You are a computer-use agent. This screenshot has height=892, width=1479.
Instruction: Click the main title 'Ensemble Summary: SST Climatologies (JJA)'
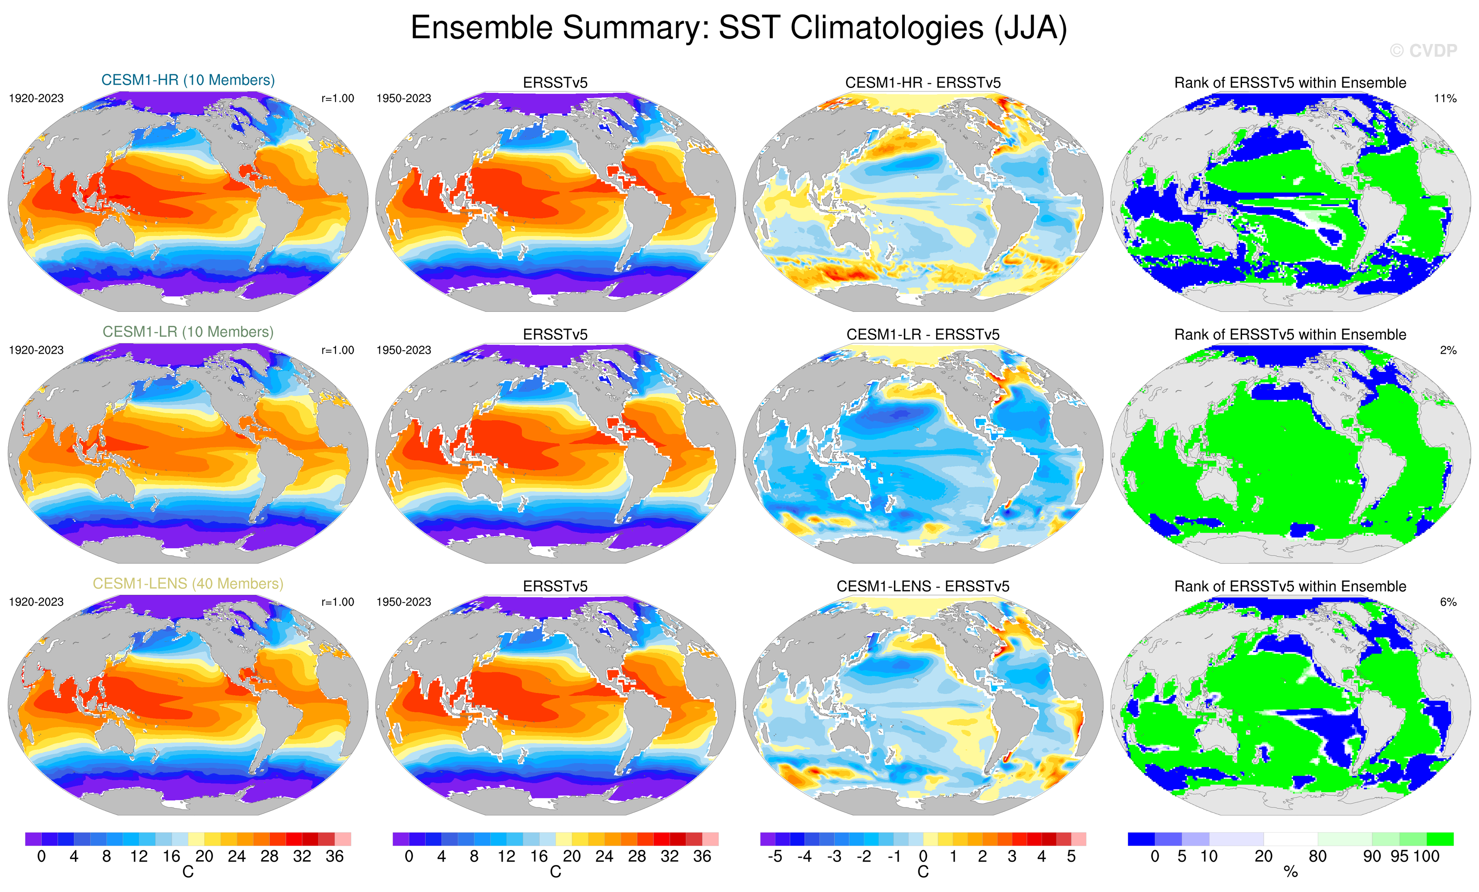click(739, 28)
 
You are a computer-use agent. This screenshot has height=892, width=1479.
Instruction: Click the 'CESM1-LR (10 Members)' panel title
click(188, 332)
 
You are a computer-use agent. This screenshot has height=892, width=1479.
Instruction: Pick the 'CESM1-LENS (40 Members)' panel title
click(188, 584)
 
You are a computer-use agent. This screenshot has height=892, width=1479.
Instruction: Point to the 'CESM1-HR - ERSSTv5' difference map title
click(923, 83)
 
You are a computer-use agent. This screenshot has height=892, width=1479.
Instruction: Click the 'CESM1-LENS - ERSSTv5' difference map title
click(923, 586)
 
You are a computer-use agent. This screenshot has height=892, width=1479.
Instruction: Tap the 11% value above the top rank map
click(1445, 98)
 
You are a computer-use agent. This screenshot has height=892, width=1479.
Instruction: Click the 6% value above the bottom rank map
click(1448, 602)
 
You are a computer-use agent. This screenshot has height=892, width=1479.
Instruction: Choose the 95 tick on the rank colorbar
click(1399, 857)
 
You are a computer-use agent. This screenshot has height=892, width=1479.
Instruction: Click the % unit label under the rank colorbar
click(1290, 872)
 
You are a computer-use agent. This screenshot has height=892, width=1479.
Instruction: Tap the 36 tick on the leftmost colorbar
click(334, 857)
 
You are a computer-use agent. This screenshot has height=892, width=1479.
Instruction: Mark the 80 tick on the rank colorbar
click(1317, 857)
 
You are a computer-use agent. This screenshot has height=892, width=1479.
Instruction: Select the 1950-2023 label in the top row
click(403, 98)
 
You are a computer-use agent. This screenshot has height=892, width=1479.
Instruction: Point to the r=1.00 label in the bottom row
click(337, 602)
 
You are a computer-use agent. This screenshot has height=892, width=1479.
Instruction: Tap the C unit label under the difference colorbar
click(923, 872)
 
